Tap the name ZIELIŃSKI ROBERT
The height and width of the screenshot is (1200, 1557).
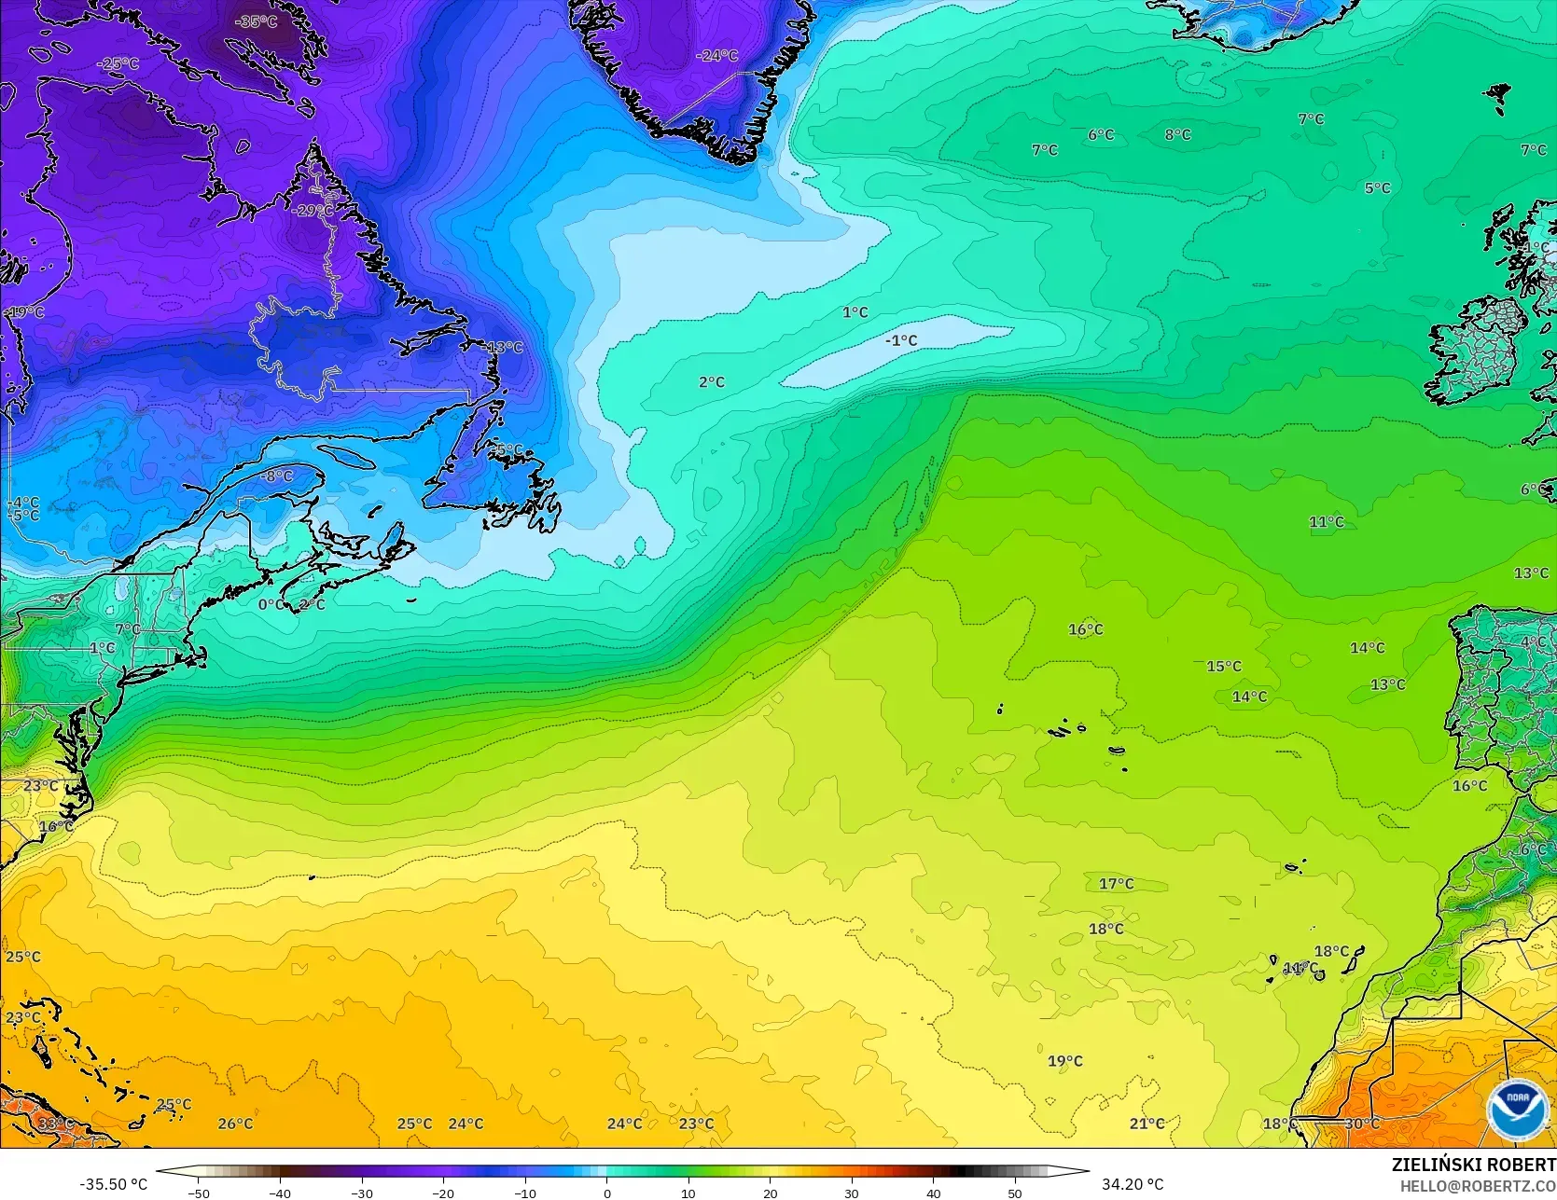(1473, 1164)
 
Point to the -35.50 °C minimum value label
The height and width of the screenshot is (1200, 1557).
(113, 1184)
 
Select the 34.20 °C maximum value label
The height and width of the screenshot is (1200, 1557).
(1133, 1184)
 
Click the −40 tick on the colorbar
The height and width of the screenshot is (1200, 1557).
(280, 1193)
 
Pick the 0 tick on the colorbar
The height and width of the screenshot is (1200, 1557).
(606, 1193)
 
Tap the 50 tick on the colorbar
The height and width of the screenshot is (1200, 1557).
(1015, 1193)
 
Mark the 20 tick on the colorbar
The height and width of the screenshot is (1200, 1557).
(770, 1193)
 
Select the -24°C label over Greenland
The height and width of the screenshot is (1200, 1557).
(716, 56)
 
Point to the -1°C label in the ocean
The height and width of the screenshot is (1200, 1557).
(900, 341)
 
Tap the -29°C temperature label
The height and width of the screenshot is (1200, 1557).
(312, 211)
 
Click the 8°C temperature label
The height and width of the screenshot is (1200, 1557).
(1177, 135)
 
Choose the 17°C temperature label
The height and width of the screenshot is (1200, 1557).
(1116, 884)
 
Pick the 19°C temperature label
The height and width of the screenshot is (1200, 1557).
(1064, 1061)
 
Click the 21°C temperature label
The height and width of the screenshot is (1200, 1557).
(1147, 1124)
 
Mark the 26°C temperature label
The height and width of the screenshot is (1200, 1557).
(235, 1124)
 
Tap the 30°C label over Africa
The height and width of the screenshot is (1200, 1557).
(1362, 1124)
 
